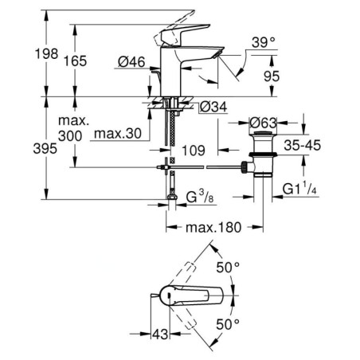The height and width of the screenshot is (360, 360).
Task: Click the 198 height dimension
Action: tap(47, 53)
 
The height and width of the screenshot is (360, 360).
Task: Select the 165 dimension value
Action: tap(76, 61)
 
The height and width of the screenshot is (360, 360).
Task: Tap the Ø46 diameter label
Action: tap(131, 62)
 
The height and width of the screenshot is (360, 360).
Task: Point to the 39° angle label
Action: tap(264, 42)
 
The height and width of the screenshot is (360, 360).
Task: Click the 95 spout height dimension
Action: tap(272, 76)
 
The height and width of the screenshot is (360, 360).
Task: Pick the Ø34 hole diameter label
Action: tap(213, 107)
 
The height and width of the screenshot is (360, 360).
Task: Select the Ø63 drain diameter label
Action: tap(264, 123)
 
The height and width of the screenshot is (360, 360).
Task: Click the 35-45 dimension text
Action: tap(303, 145)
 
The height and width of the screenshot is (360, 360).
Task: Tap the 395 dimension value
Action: tap(45, 148)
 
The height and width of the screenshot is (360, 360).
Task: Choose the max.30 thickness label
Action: tap(118, 134)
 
